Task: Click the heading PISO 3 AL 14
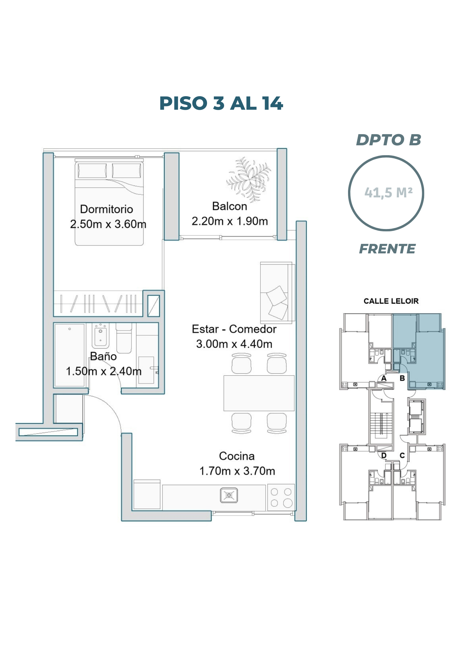(x=221, y=103)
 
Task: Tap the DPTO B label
(x=389, y=140)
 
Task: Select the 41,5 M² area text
(x=388, y=192)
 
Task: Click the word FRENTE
(x=387, y=249)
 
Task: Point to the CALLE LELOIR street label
(x=391, y=301)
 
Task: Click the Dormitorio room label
(x=106, y=209)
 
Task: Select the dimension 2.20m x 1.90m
(x=230, y=221)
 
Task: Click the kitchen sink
(x=229, y=495)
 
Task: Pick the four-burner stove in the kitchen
(x=281, y=497)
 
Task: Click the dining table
(x=259, y=393)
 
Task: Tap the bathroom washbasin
(x=101, y=336)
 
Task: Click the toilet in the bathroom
(x=124, y=337)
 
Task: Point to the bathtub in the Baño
(x=70, y=355)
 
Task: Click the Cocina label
(x=237, y=456)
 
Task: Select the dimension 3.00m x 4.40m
(x=234, y=344)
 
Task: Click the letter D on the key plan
(x=384, y=455)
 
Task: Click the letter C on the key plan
(x=402, y=455)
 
